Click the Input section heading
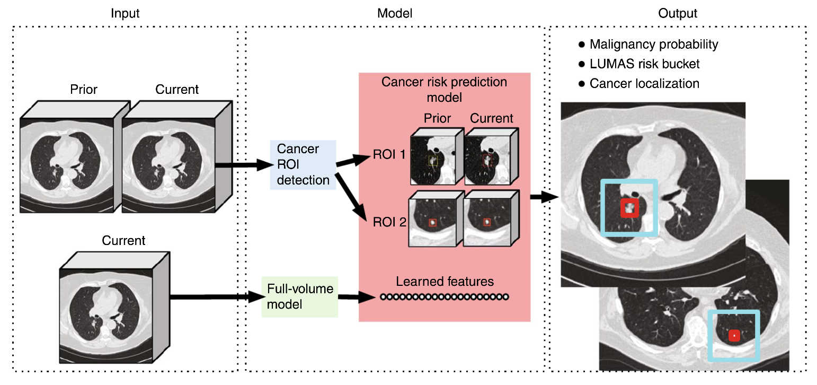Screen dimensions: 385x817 click(x=125, y=13)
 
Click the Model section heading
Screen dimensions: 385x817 click(x=394, y=13)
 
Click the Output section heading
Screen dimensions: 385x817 click(x=678, y=13)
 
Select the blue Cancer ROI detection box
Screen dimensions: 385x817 click(x=303, y=164)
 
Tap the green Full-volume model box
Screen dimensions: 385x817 click(x=300, y=296)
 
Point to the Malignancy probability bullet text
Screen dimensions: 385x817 click(x=653, y=45)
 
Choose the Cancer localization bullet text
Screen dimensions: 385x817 click(x=644, y=84)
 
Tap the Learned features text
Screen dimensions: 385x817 click(x=445, y=281)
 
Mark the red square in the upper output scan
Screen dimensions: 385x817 click(x=629, y=208)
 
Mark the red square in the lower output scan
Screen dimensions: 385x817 click(x=734, y=335)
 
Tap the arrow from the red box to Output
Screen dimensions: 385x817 click(x=543, y=197)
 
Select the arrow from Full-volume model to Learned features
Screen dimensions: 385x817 click(x=358, y=298)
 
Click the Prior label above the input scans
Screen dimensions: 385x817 click(x=84, y=90)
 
